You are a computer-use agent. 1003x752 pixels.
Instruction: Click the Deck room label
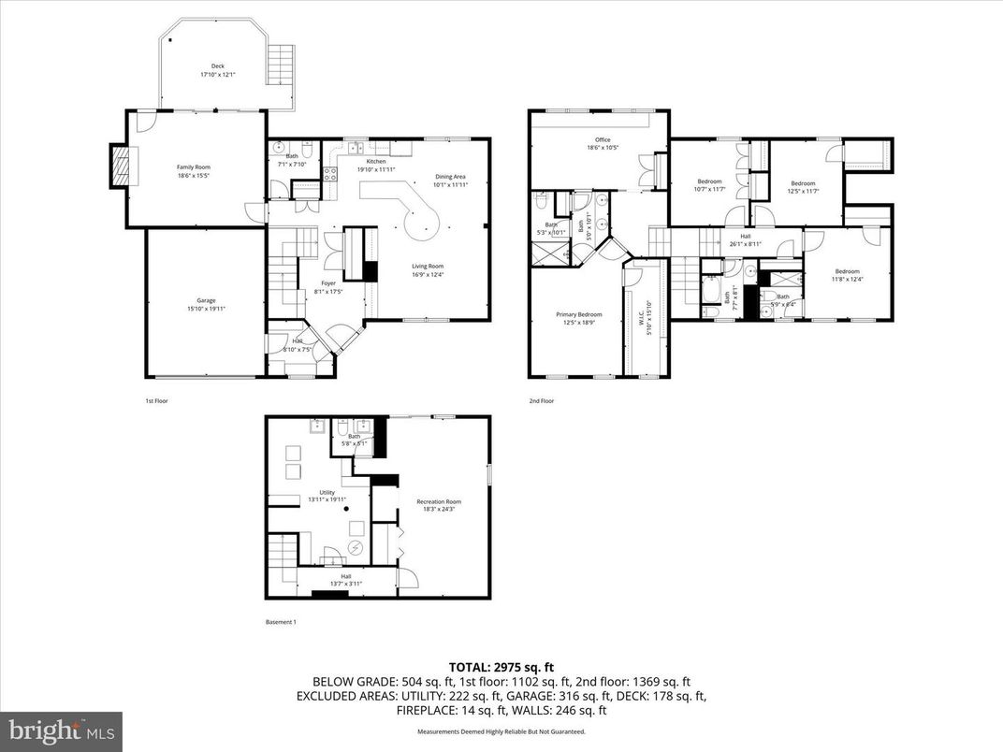tap(217, 70)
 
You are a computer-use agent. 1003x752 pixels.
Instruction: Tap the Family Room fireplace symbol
tap(119, 166)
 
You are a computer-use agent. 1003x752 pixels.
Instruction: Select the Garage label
tap(206, 304)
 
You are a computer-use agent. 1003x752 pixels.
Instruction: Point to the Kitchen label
tap(376, 165)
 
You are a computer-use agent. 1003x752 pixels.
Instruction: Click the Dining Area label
tap(450, 180)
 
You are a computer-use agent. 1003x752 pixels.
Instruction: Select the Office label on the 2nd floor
tap(603, 144)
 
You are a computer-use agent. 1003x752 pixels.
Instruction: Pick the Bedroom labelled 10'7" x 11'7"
tap(709, 185)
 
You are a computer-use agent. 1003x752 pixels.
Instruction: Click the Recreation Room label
tap(439, 506)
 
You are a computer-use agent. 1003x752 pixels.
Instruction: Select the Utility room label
tap(327, 496)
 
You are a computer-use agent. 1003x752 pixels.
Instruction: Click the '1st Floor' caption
tap(156, 401)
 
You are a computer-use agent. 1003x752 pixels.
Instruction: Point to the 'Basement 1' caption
tap(282, 622)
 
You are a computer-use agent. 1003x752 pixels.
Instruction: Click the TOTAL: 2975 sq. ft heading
tap(501, 667)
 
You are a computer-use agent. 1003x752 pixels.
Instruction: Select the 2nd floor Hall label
tap(746, 239)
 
